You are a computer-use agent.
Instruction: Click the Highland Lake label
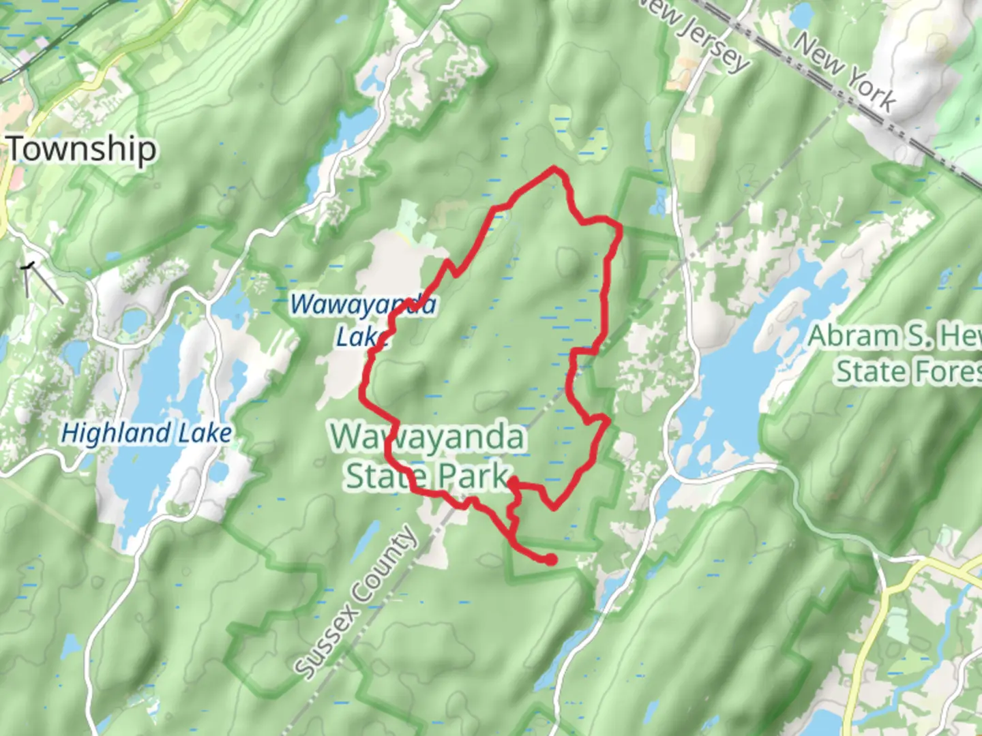[x=147, y=433]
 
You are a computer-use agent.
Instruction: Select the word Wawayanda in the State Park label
[x=428, y=438]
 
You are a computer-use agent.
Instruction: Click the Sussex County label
[x=357, y=602]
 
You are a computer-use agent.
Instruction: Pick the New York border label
[x=844, y=72]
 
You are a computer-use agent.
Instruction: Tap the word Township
[x=82, y=149]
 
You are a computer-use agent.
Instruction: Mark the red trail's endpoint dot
[x=550, y=560]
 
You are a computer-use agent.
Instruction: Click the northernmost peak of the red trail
[x=554, y=168]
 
